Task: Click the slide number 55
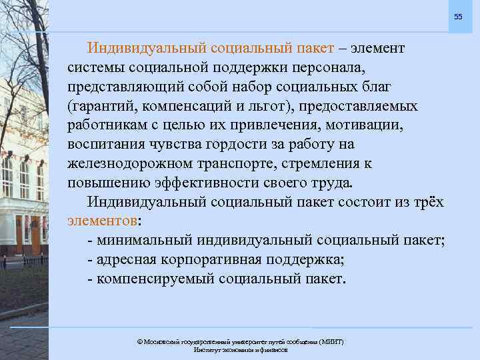[458, 16]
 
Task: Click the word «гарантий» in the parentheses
[104, 107]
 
